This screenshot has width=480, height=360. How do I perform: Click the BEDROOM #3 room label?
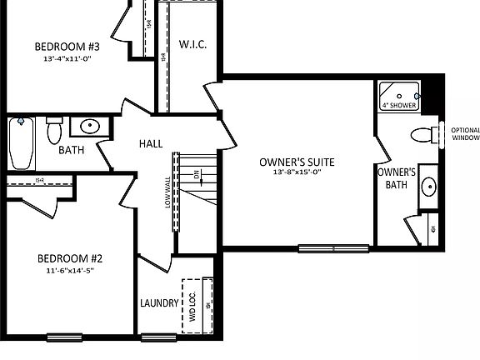pyautogui.click(x=67, y=47)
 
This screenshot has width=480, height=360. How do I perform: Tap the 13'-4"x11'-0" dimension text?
pyautogui.click(x=67, y=59)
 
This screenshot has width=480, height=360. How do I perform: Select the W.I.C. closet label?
pyautogui.click(x=192, y=43)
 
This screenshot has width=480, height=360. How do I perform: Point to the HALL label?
pyautogui.click(x=151, y=143)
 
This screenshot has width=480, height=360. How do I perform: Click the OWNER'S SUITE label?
pyautogui.click(x=296, y=162)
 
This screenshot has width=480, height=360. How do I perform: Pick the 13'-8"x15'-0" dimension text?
pyautogui.click(x=297, y=172)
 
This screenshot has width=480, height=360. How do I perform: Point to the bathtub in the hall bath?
pyautogui.click(x=22, y=143)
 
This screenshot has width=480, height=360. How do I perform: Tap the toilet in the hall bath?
pyautogui.click(x=54, y=131)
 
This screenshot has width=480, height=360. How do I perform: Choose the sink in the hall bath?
pyautogui.click(x=87, y=127)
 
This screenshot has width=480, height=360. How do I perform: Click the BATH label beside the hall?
pyautogui.click(x=72, y=151)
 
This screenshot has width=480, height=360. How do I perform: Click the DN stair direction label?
pyautogui.click(x=197, y=176)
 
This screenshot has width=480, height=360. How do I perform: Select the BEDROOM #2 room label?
pyautogui.click(x=67, y=258)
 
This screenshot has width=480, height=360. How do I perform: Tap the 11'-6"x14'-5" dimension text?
pyautogui.click(x=67, y=271)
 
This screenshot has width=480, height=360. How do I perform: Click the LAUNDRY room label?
pyautogui.click(x=159, y=303)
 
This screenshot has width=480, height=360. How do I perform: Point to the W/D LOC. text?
pyautogui.click(x=192, y=305)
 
